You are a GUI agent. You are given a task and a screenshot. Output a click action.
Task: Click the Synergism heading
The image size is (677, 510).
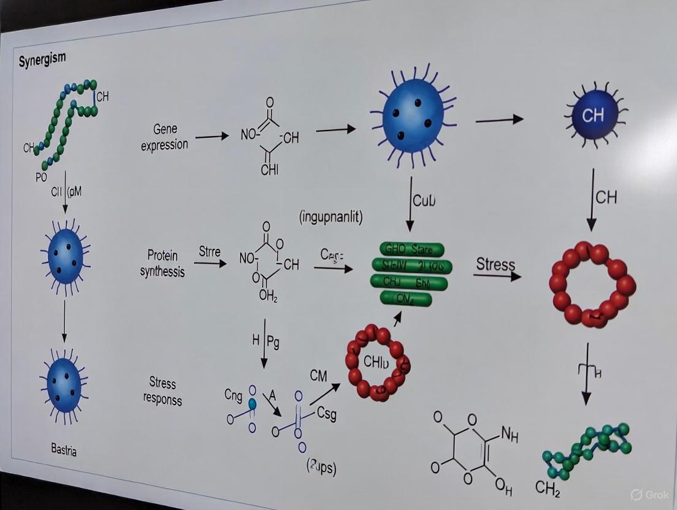[42, 61]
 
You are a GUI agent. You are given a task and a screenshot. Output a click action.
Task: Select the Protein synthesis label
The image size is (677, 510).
[166, 262]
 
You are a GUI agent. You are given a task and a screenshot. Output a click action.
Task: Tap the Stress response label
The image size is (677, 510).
[163, 391]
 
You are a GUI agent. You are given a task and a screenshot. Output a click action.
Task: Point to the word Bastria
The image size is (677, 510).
[64, 451]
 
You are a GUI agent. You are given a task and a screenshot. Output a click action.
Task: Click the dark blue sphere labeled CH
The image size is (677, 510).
[592, 116]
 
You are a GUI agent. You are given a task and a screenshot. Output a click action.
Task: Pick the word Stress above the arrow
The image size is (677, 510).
[495, 264]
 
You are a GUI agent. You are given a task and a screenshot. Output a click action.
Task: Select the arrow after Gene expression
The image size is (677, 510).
[212, 136]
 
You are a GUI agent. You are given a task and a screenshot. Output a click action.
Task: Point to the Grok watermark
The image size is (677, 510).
[651, 494]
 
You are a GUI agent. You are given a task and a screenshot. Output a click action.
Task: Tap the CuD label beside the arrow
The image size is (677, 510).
[424, 200]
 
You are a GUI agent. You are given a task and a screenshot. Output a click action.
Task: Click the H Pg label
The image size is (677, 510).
[266, 341]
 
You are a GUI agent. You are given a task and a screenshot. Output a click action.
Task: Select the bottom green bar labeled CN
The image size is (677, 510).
[406, 299]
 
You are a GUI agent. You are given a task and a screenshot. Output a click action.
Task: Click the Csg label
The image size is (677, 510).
[326, 414]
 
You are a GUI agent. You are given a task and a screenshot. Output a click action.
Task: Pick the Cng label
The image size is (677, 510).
[233, 396]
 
